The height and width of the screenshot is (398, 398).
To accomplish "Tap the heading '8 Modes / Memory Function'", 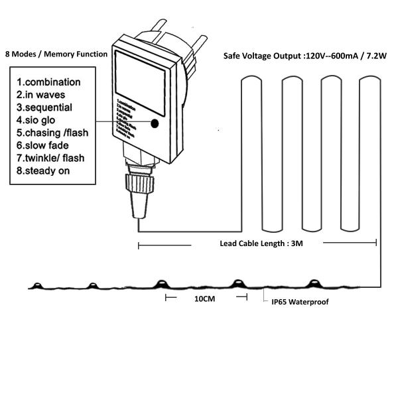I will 56,54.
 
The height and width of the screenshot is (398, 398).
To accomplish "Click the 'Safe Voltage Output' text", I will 259,56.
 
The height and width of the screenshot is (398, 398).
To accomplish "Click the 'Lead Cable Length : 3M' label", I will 262,243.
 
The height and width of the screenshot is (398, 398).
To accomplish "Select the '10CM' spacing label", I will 204,299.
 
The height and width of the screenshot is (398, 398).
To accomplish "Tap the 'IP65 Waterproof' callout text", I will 300,302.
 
